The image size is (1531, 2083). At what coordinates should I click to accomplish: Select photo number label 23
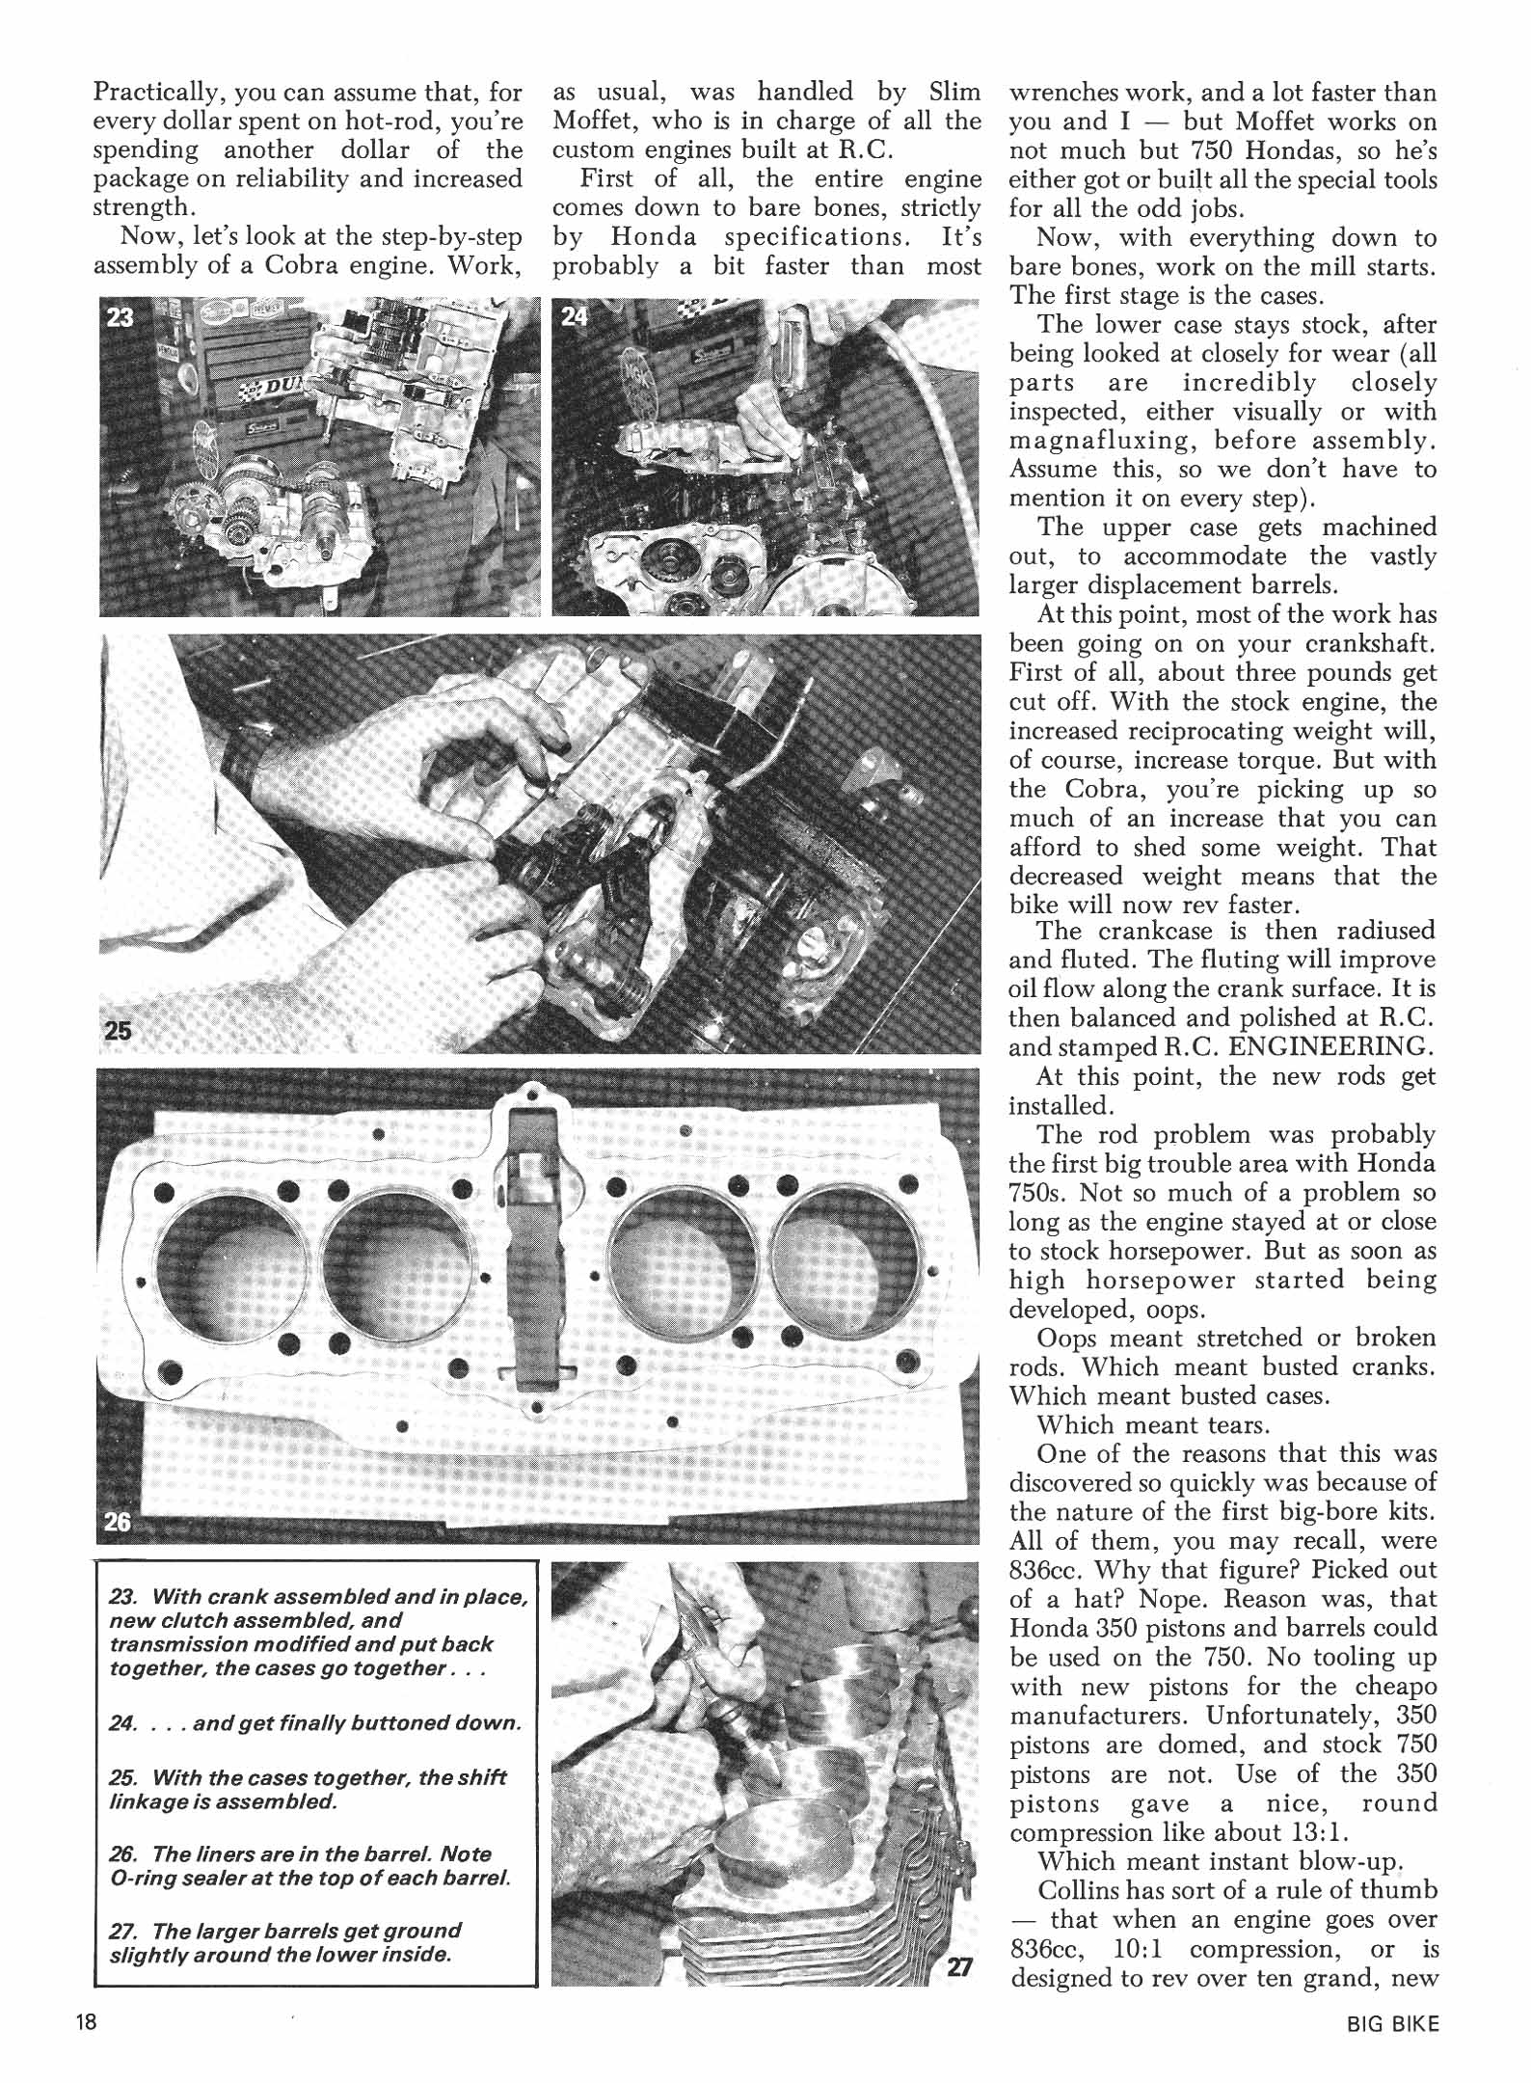tap(120, 317)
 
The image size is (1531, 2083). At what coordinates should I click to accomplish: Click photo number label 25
tap(119, 1029)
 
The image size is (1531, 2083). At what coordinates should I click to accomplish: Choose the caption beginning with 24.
tap(315, 1722)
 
